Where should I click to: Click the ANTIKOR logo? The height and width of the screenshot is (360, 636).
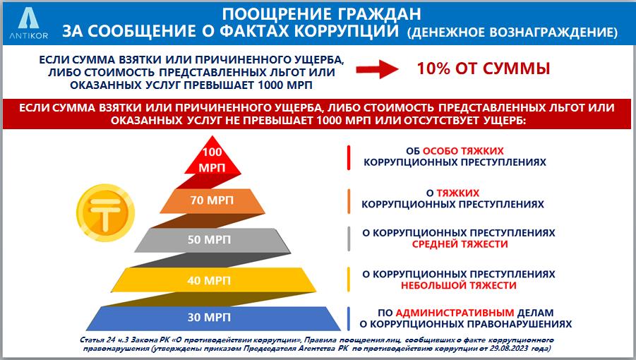coord(28,23)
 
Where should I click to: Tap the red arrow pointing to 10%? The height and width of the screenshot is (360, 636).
coord(377,69)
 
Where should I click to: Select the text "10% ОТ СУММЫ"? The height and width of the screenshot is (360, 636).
coord(484,68)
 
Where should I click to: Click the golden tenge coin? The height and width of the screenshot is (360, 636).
coord(105,212)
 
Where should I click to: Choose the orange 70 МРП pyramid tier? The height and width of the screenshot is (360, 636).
coord(212,200)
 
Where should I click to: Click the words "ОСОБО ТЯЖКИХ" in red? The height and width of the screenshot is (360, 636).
coord(463,151)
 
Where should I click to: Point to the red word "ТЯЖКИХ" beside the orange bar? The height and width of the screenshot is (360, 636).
coord(458,193)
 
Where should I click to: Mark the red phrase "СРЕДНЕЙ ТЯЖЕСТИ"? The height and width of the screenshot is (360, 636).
coord(460,244)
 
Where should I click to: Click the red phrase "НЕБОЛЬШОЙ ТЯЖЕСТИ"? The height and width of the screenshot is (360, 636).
coord(459,285)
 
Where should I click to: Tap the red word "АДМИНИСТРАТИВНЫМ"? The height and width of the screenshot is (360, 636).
coord(455,313)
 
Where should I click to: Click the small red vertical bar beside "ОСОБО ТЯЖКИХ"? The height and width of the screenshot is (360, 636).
coord(349,157)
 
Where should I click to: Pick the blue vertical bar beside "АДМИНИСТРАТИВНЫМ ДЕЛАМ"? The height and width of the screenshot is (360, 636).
coord(349,318)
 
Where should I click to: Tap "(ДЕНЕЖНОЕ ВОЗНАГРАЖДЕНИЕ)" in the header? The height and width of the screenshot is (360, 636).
coord(512,32)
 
